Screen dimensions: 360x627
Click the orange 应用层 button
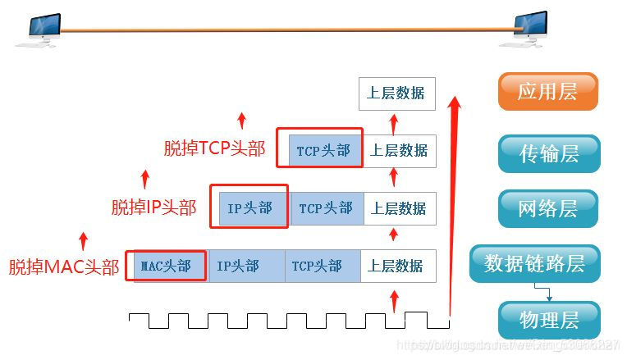click(547, 92)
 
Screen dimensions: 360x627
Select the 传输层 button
click(549, 153)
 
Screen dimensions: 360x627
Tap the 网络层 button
click(547, 208)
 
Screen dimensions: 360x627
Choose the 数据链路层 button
click(534, 263)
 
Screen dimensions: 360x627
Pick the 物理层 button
click(549, 319)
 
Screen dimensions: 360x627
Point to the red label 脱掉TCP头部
click(214, 148)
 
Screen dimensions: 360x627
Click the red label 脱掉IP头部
click(153, 207)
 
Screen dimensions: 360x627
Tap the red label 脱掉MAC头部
click(63, 267)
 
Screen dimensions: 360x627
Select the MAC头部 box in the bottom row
click(167, 267)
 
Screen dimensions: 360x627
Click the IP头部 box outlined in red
click(249, 207)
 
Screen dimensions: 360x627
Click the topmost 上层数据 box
click(396, 93)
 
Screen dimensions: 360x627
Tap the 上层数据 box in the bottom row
click(397, 267)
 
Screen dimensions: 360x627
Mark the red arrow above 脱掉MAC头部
click(83, 240)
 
